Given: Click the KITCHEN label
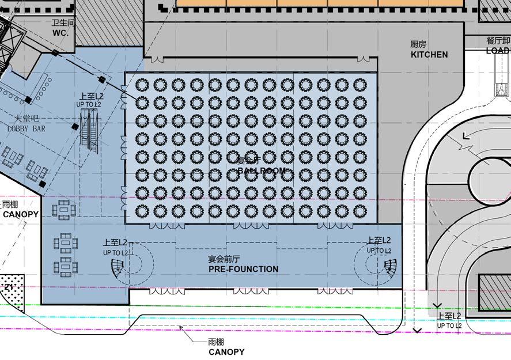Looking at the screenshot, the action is point(429,55).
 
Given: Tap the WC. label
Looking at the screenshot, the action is point(60,33).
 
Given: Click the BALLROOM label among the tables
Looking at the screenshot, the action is point(261,171).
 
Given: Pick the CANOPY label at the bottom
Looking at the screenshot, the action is point(226,352).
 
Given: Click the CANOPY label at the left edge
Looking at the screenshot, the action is point(20,214).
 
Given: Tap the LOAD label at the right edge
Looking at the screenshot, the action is point(498,51).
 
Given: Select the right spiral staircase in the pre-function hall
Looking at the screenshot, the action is point(389,266).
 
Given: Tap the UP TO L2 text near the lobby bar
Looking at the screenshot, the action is point(89,104).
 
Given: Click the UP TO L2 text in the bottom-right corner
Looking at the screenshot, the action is point(449,326).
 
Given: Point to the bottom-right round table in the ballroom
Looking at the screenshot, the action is point(359,211).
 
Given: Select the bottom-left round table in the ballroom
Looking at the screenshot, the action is point(142,211).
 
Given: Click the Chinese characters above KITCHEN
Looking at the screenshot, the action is point(418,44).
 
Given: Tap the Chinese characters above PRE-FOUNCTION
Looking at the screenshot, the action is point(224,260).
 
